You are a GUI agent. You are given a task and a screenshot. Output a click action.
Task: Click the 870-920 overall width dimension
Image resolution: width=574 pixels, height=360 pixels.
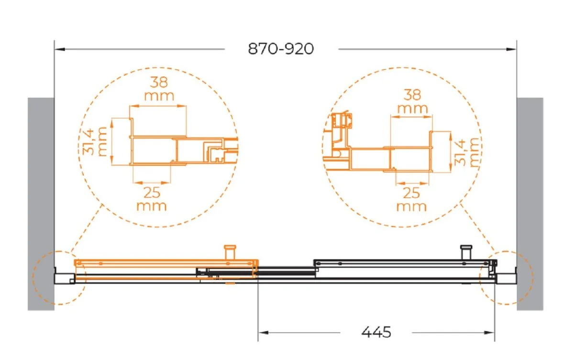pos(281,49)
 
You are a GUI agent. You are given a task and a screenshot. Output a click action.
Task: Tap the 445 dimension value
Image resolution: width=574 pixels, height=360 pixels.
pos(376,332)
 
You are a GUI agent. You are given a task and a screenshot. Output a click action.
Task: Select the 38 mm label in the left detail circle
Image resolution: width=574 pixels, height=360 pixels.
pos(159,88)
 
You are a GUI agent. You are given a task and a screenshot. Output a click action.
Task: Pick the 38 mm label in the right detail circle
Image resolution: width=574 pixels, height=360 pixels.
pos(412,101)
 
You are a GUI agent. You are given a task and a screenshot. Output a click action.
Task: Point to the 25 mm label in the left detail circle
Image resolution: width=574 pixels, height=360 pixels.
pos(152,199)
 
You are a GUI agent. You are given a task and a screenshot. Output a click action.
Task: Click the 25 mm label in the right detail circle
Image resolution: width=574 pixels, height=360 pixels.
pos(411,199)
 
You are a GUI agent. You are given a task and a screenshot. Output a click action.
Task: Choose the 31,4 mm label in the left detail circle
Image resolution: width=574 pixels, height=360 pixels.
pos(92,142)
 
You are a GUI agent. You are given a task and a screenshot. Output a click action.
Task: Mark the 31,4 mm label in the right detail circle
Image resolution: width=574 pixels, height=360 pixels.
pos(466,153)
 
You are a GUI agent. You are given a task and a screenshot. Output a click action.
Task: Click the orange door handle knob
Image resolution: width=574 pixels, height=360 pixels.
pos(230,252)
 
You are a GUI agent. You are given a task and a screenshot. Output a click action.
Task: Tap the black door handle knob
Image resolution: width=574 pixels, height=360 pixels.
pos(466,252)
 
